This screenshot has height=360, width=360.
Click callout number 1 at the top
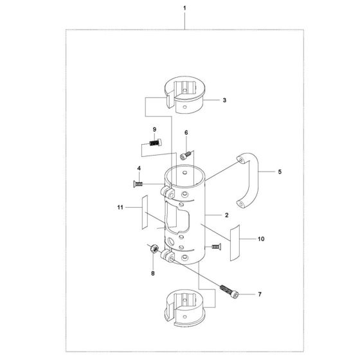(184, 8)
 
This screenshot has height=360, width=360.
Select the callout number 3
(224, 100)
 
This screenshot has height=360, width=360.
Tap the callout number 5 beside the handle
(280, 172)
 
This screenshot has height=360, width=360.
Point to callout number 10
(261, 239)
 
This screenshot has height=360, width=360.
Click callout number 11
(120, 208)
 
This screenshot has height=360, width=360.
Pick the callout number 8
(153, 273)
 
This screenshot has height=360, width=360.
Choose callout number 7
(260, 294)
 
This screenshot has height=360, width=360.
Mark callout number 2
(226, 215)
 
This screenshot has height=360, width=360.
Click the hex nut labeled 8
(154, 248)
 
